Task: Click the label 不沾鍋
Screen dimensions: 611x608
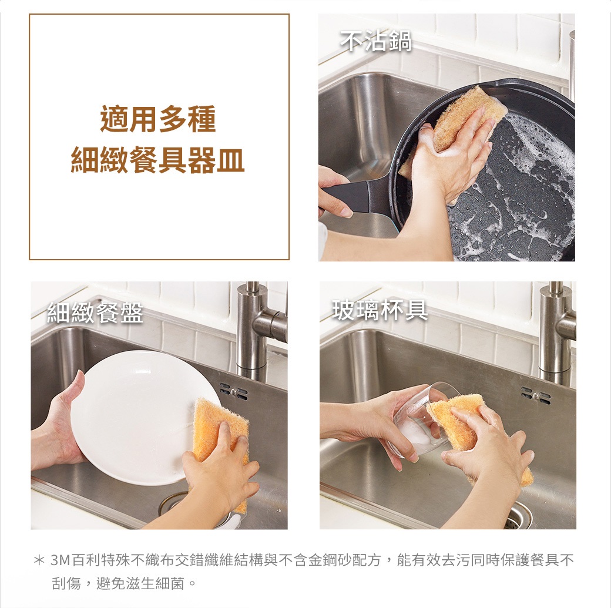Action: point(376,41)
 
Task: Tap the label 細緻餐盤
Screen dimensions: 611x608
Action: point(95,313)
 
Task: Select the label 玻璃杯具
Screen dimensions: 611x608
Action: point(380,310)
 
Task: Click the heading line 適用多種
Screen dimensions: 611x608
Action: point(158,119)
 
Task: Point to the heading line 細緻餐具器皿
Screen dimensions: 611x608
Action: point(158,160)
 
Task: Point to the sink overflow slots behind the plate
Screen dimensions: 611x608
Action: point(233,391)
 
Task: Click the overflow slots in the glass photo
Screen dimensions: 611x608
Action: point(536,396)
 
